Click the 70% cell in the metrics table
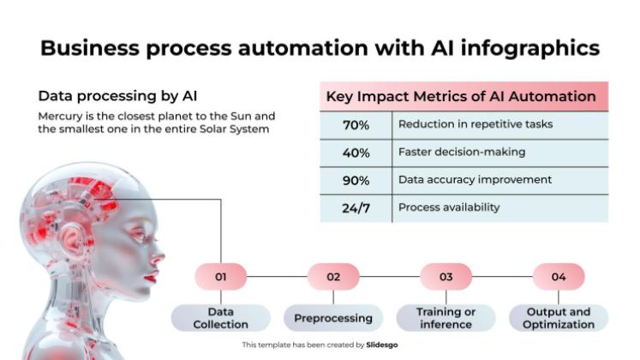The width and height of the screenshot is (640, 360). [x=356, y=125]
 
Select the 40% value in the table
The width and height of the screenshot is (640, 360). [x=356, y=153]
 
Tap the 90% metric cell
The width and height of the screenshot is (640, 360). [x=356, y=181]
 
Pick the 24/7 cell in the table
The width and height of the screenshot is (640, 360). [x=356, y=208]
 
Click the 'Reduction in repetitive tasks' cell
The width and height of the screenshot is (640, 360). [x=475, y=124]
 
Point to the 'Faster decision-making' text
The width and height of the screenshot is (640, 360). [x=461, y=152]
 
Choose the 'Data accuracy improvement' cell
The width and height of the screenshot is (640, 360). [x=475, y=180]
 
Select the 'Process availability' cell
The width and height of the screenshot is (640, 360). [x=449, y=207]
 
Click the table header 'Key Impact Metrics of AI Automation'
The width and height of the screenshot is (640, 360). [x=461, y=97]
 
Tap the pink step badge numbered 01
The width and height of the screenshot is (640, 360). [x=221, y=277]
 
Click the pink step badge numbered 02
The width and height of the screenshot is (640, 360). [x=333, y=277]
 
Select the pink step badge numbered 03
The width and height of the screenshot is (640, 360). [x=446, y=277]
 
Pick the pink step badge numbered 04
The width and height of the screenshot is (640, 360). [x=559, y=277]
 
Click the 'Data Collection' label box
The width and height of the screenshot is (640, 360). [x=221, y=318]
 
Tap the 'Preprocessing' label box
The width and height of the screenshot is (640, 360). [x=333, y=318]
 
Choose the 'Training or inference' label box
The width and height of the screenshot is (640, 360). [x=446, y=318]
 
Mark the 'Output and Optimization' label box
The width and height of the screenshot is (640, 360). [x=559, y=318]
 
